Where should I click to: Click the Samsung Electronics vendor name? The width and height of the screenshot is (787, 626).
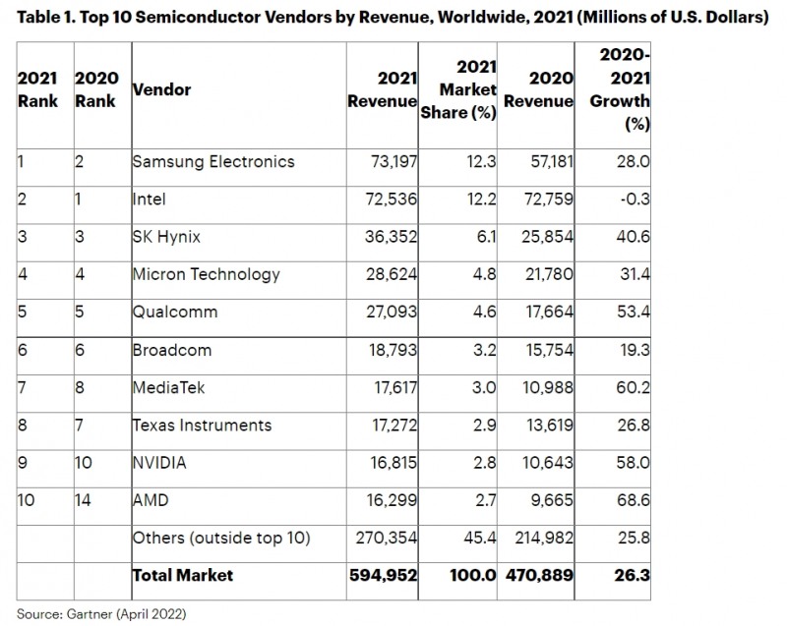(x=212, y=161)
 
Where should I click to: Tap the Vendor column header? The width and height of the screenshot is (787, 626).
(x=161, y=89)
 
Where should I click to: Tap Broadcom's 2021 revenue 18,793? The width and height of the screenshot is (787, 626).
(x=383, y=349)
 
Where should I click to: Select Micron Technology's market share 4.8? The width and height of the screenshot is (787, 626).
(x=484, y=274)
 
